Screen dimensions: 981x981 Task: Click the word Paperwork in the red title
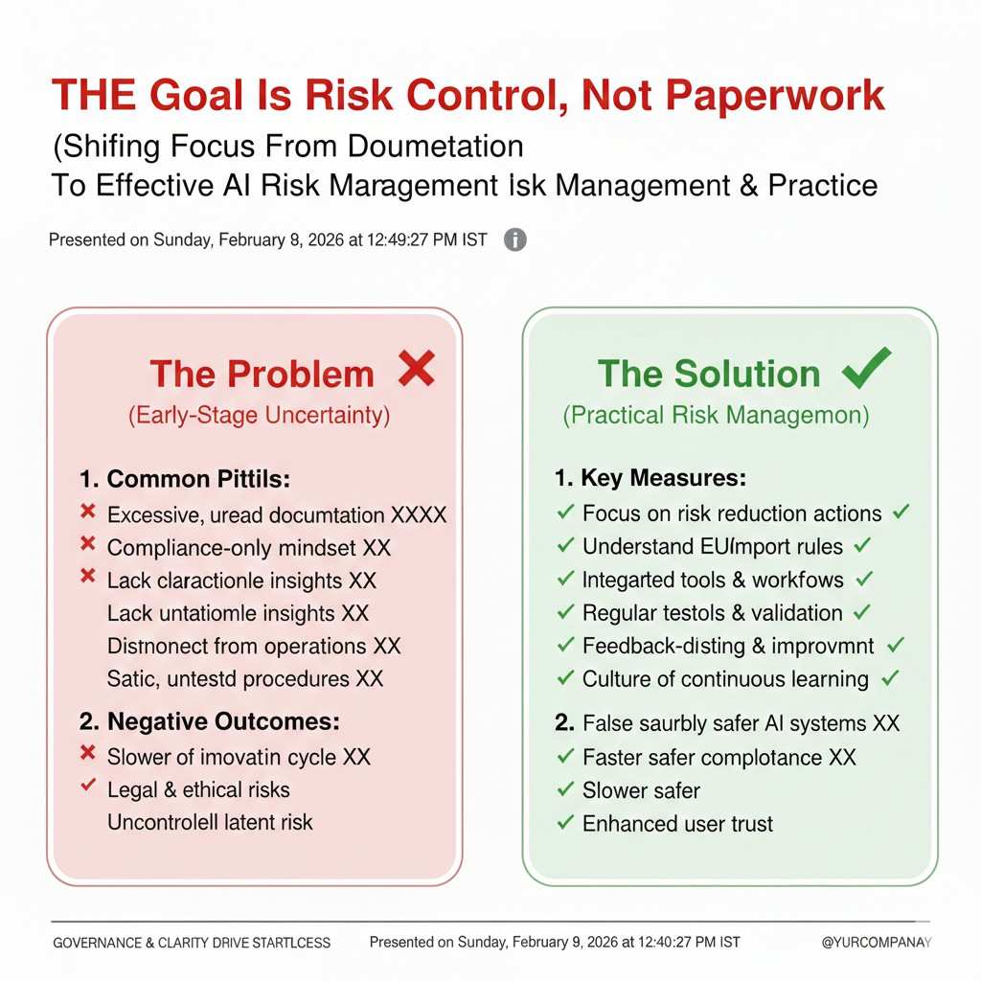coord(774,96)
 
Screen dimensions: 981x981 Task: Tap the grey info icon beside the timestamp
coord(514,240)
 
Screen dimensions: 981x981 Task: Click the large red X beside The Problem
coord(416,369)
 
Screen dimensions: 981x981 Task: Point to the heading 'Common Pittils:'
coord(185,479)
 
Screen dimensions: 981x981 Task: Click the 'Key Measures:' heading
coord(650,478)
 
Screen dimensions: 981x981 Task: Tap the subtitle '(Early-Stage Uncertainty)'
coord(259,416)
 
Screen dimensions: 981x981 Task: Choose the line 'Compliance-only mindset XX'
coord(248,548)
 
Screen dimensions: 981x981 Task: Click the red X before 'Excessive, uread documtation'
coord(88,512)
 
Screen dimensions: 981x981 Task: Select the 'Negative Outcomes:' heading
coord(210,722)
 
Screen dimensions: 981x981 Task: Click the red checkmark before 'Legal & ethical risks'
coord(88,785)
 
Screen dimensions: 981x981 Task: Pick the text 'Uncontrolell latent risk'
coord(210,823)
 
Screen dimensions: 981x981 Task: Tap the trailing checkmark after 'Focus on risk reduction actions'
coord(901,513)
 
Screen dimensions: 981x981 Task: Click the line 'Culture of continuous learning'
coord(726,679)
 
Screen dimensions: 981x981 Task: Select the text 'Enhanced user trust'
coord(677,824)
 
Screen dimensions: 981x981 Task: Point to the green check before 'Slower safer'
coord(565,789)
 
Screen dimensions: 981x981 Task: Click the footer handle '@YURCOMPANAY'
coord(877,943)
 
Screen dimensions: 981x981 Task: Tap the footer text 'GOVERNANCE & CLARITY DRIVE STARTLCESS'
coord(192,943)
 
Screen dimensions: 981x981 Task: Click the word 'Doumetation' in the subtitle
coord(436,147)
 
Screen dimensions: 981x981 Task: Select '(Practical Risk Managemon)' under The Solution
coord(716,416)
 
